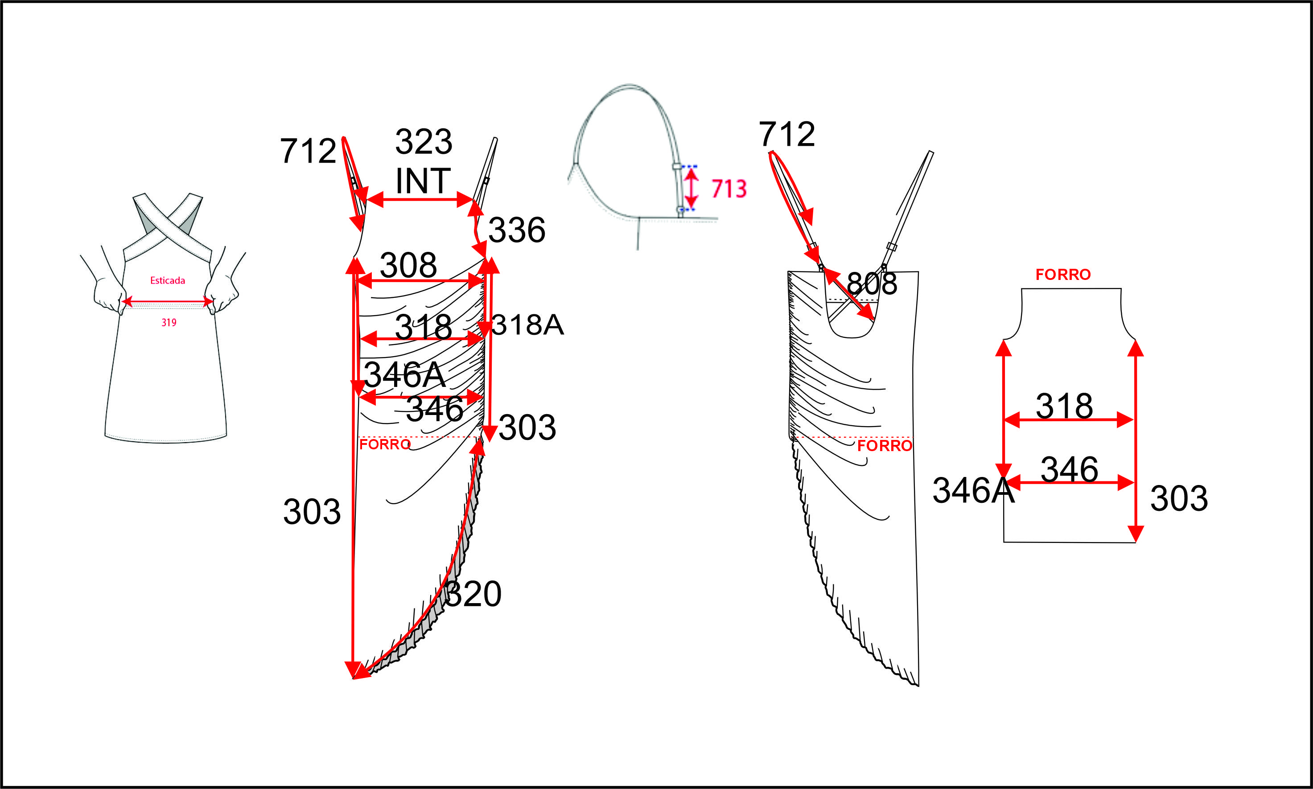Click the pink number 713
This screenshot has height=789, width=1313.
click(x=729, y=189)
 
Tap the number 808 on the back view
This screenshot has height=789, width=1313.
click(x=872, y=284)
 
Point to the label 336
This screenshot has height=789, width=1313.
click(x=516, y=230)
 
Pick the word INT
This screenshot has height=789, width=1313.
click(x=423, y=181)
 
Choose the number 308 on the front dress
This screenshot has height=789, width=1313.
click(x=408, y=265)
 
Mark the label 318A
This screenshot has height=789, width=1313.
click(x=527, y=325)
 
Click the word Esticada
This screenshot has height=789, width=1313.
click(x=168, y=280)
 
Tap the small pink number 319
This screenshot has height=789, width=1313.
click(x=169, y=322)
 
